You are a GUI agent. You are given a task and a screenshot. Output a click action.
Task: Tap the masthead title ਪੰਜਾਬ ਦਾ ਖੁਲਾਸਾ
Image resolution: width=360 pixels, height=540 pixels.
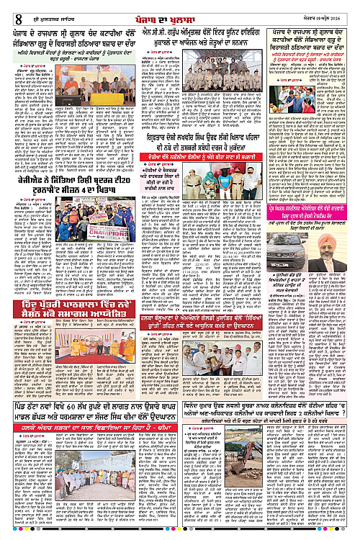point(181,9)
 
